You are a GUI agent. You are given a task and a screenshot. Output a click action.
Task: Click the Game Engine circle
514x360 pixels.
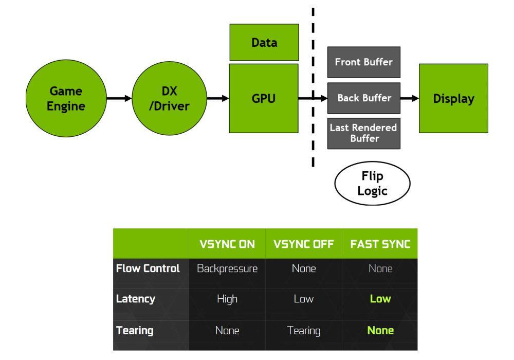pyautogui.click(x=66, y=98)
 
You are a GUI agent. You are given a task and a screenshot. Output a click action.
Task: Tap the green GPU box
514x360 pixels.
pyautogui.click(x=264, y=98)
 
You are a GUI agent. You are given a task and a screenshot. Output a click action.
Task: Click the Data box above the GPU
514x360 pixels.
pyautogui.click(x=264, y=43)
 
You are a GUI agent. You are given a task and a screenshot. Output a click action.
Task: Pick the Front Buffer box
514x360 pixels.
pyautogui.click(x=363, y=62)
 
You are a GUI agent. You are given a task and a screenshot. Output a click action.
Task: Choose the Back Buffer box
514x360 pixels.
pyautogui.click(x=363, y=98)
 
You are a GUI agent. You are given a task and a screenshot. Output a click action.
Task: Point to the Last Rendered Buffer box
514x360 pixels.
pyautogui.click(x=363, y=133)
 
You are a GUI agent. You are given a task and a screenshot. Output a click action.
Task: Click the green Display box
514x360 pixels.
pyautogui.click(x=453, y=98)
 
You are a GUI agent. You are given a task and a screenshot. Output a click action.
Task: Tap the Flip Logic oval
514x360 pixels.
pyautogui.click(x=372, y=184)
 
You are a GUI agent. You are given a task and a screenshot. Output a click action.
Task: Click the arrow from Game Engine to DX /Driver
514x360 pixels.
pyautogui.click(x=119, y=98)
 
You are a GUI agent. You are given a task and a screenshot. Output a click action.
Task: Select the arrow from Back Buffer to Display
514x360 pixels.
pyautogui.click(x=410, y=98)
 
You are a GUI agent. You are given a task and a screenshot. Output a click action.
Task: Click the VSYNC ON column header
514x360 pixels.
pyautogui.click(x=227, y=244)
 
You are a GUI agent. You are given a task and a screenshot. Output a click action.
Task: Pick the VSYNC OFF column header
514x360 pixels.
pyautogui.click(x=304, y=244)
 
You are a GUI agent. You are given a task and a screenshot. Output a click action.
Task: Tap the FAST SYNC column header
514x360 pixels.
pyautogui.click(x=380, y=244)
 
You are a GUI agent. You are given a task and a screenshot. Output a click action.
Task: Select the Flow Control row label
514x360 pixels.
pyautogui.click(x=148, y=268)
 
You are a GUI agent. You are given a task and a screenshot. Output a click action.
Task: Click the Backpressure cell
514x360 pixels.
pyautogui.click(x=227, y=268)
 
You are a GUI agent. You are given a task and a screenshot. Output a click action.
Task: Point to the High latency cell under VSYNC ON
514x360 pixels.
pyautogui.click(x=227, y=299)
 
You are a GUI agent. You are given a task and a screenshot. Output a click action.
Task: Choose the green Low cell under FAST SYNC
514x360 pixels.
pyautogui.click(x=380, y=299)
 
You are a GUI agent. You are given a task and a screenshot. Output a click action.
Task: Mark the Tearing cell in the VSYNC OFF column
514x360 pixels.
pyautogui.click(x=304, y=330)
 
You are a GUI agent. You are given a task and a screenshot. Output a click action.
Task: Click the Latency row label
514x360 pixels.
pyautogui.click(x=136, y=299)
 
